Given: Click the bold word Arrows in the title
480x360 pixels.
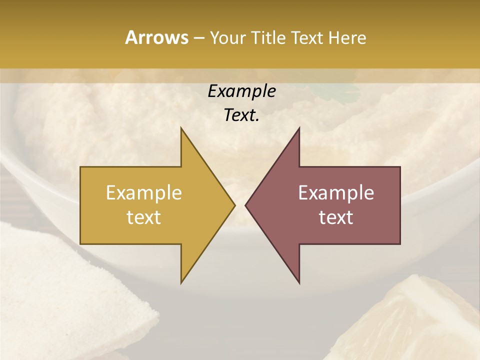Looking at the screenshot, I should tap(156, 37).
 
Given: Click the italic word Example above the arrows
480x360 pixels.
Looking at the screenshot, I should tap(241, 91).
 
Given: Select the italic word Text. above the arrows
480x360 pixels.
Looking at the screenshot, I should tap(241, 115).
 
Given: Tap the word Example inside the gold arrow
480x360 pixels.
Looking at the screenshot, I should tap(144, 192).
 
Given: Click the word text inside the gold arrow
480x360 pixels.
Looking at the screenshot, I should tap(144, 217).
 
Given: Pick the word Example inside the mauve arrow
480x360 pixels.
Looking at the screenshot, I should tap(336, 192).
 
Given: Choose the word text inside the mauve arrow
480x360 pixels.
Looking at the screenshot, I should tap(336, 217).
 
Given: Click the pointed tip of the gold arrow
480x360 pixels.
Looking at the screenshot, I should tap(234, 205).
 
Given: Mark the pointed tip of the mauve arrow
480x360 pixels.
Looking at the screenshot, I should tap(246, 205).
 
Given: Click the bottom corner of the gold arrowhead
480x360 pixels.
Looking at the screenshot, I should tap(181, 282).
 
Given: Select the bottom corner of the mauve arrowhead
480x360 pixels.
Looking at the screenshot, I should tap(299, 282).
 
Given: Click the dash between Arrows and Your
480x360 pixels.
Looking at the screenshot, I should tap(198, 38).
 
